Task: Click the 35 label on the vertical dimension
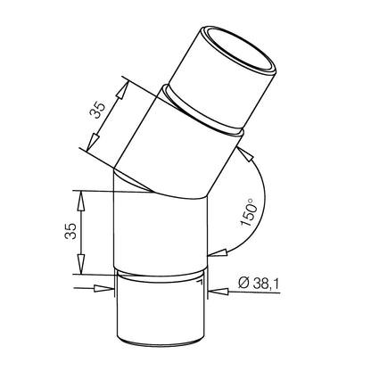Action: point(71,231)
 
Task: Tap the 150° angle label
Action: point(248,212)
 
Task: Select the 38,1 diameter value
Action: point(266,284)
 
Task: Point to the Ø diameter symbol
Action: point(243,283)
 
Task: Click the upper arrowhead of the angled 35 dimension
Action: point(123,89)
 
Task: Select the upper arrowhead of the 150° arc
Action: point(246,153)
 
